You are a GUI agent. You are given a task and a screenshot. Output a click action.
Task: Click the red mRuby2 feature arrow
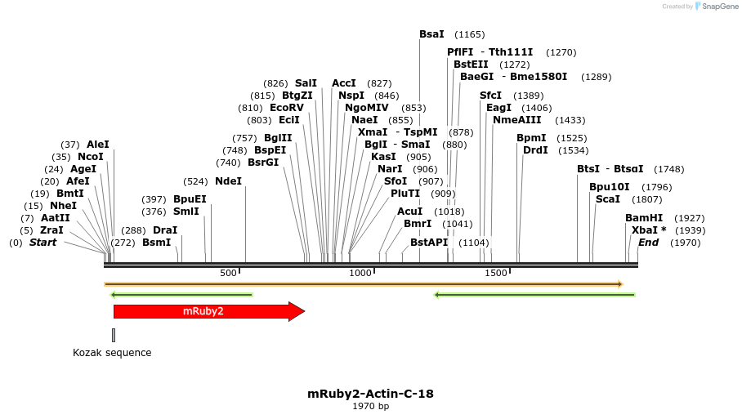tap(204, 311)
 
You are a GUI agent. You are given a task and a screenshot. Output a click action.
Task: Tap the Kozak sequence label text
tap(112, 353)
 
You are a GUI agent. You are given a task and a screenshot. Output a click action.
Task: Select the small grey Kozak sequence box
tap(114, 335)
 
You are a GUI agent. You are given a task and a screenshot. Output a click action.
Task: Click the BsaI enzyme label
tap(431, 34)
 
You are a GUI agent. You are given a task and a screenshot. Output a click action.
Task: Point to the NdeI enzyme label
tap(228, 181)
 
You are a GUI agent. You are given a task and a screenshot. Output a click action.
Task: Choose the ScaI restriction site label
tap(607, 199)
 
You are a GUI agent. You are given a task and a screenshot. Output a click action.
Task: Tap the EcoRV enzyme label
tap(286, 108)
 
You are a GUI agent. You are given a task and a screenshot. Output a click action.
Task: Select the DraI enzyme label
tap(165, 230)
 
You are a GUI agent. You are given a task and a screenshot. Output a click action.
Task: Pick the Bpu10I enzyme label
tap(609, 187)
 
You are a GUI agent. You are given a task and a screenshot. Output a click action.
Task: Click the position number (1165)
tap(470, 34)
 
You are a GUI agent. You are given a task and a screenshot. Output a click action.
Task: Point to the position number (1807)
tap(647, 199)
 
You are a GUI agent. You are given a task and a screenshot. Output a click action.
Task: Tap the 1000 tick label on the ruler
tap(360, 273)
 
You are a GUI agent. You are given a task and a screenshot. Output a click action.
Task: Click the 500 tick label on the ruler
tap(228, 273)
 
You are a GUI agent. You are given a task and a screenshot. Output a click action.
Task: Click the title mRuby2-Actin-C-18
tap(370, 394)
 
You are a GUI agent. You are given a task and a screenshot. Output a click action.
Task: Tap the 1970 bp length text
tap(370, 407)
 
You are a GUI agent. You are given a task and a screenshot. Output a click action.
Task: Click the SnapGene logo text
tap(719, 7)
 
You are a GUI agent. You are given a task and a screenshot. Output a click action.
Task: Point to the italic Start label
tap(43, 243)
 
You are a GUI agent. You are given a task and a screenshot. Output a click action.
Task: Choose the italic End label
tap(648, 243)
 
